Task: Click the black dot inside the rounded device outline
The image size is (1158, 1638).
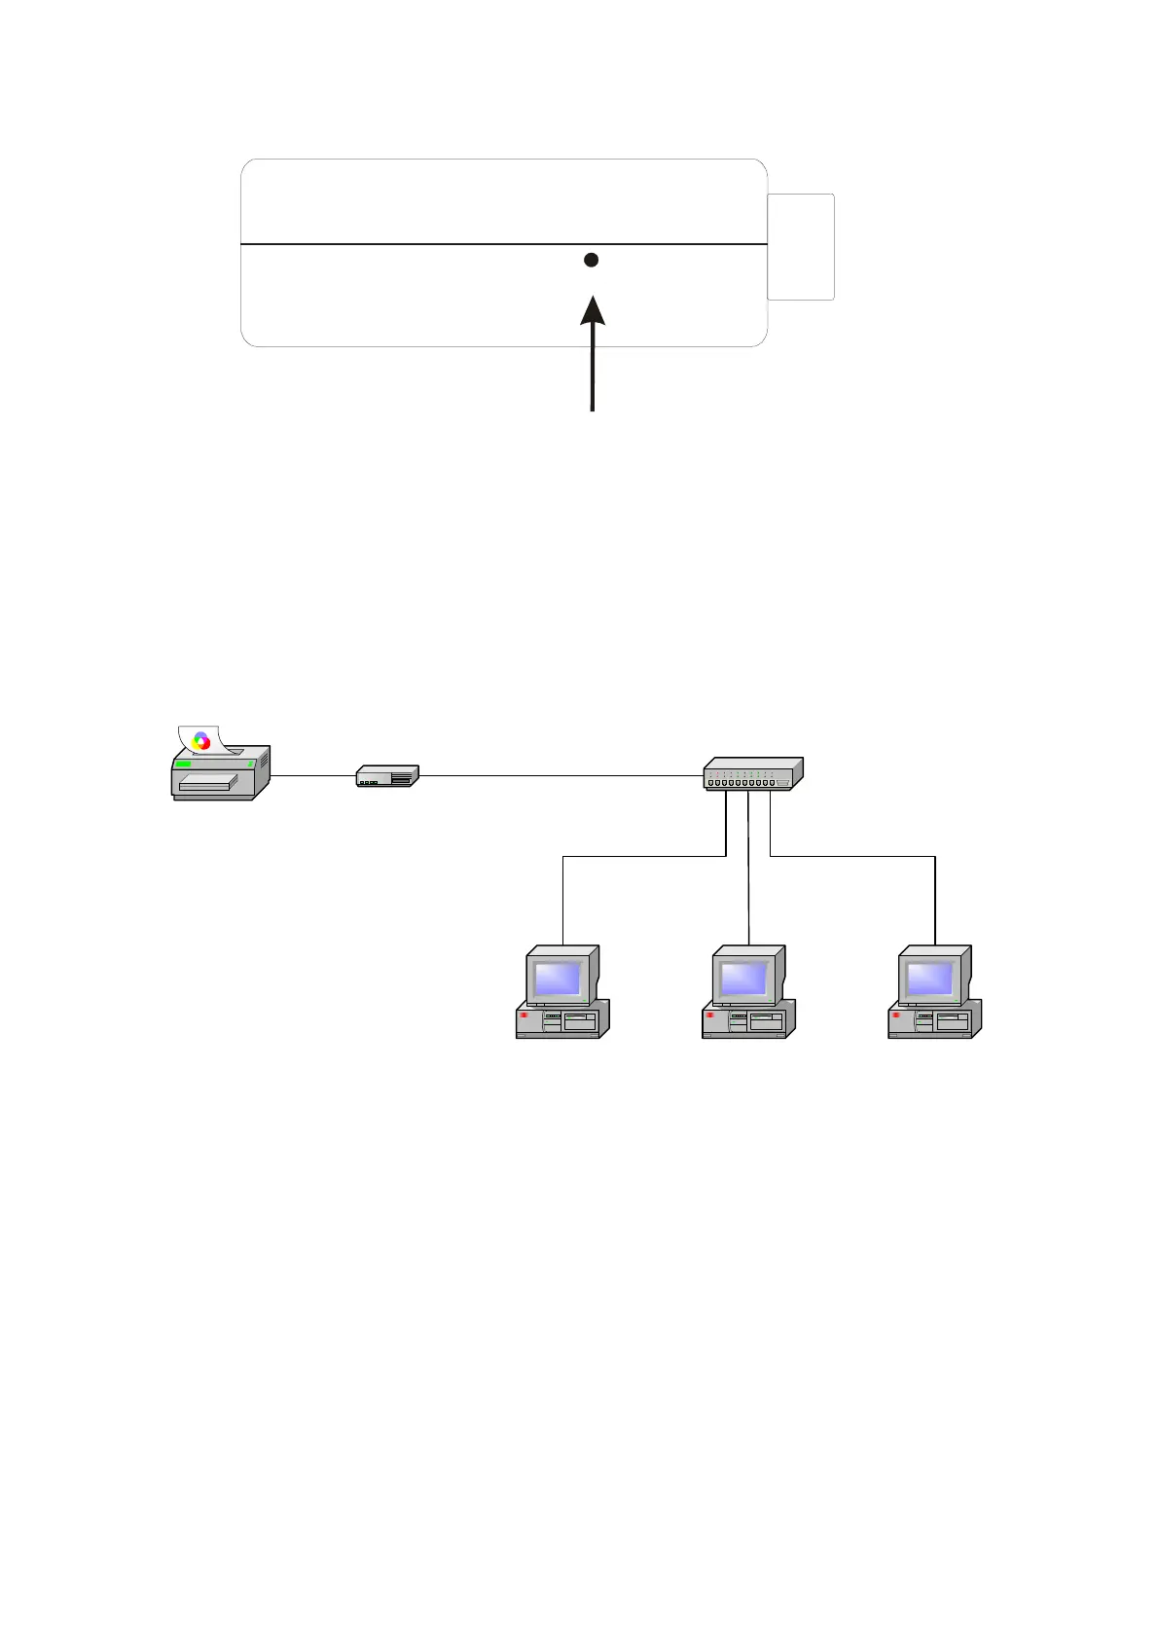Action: [x=591, y=260]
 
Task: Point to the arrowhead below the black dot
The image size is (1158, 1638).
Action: [x=593, y=310]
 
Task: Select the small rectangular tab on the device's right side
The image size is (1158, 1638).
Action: [x=801, y=247]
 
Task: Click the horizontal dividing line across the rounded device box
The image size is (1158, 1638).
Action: [x=409, y=244]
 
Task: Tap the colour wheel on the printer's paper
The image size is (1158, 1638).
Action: [x=201, y=740]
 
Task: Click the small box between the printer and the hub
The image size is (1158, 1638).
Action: [x=387, y=775]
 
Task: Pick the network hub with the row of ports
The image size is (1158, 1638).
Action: [x=752, y=773]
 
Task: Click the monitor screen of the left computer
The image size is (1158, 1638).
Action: [x=558, y=978]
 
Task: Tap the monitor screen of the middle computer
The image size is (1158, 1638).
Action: [x=744, y=977]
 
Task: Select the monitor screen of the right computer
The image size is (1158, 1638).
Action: [x=930, y=977]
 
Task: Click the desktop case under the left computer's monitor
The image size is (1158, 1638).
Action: [x=561, y=1020]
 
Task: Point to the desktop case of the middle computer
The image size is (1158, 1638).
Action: [x=747, y=1020]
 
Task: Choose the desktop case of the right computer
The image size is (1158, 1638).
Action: [x=933, y=1020]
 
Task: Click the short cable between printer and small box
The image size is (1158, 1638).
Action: [x=311, y=775]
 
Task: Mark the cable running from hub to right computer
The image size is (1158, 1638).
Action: [x=856, y=856]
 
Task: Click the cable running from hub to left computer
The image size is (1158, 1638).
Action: [x=642, y=856]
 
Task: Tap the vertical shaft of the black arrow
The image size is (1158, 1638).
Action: [x=592, y=370]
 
